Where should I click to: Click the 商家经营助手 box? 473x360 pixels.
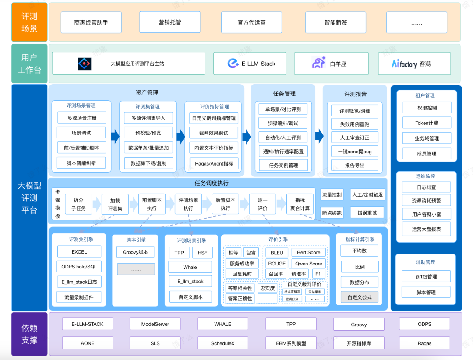(x=91, y=22)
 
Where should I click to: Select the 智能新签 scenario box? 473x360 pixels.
(x=335, y=22)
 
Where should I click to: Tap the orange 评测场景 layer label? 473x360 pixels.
(x=29, y=22)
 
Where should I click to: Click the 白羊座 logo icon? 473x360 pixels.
(x=318, y=64)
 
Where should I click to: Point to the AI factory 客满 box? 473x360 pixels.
(x=414, y=64)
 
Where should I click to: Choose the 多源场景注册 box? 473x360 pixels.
(x=82, y=118)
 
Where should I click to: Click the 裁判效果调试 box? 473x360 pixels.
(x=214, y=133)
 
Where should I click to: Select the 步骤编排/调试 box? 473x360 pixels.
(x=283, y=124)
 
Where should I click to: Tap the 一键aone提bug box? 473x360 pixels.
(x=354, y=152)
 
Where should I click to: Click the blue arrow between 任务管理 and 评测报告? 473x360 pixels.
(x=319, y=136)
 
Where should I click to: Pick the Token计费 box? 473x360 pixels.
(x=426, y=123)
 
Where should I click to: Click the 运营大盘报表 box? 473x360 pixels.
(x=426, y=229)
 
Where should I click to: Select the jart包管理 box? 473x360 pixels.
(x=426, y=277)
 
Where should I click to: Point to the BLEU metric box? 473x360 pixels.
(x=277, y=252)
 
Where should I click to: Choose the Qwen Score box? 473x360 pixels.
(x=308, y=264)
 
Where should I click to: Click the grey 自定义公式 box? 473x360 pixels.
(x=360, y=297)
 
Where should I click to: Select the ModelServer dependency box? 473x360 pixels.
(x=155, y=324)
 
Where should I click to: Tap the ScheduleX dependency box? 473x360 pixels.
(x=222, y=343)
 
